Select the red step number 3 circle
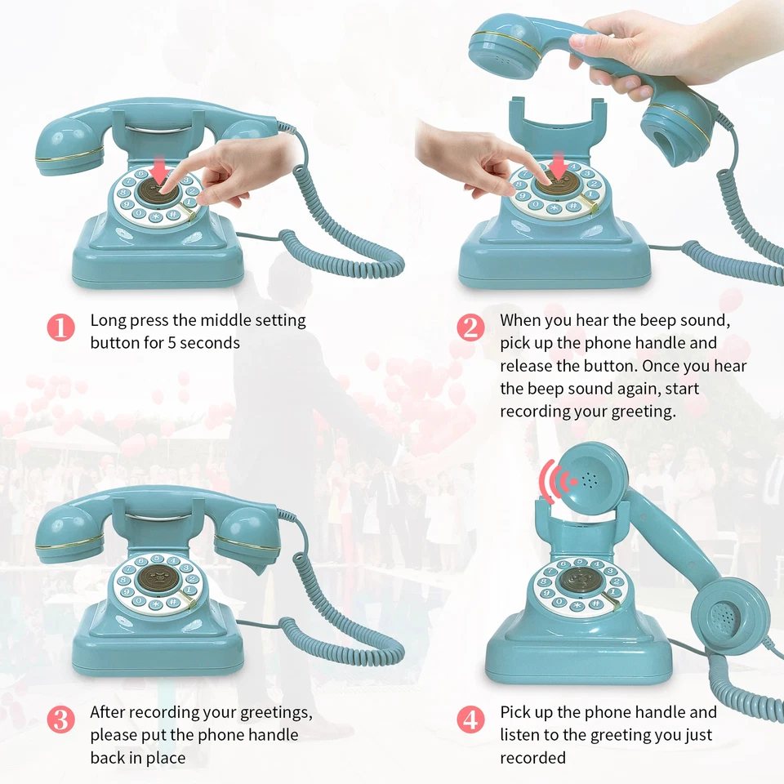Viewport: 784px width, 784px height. pyautogui.click(x=60, y=719)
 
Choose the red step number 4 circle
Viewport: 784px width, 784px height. pyautogui.click(x=470, y=719)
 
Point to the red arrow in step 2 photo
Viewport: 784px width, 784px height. pyautogui.click(x=559, y=164)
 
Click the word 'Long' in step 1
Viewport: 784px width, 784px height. pyautogui.click(x=108, y=321)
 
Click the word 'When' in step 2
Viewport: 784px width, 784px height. pyautogui.click(x=520, y=320)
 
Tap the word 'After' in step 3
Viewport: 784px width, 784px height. pyautogui.click(x=108, y=712)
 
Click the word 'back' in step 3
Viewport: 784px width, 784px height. pyautogui.click(x=107, y=758)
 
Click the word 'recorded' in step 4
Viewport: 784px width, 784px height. pyautogui.click(x=532, y=758)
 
